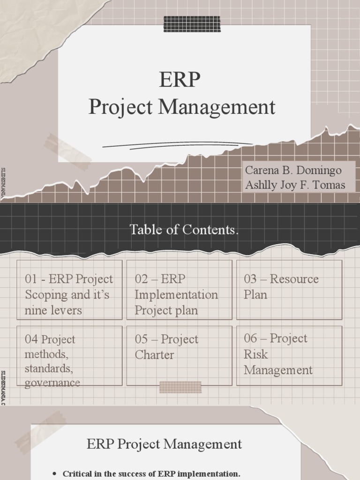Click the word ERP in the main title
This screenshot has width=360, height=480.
coord(180,80)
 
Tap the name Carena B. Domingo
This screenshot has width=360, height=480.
coord(293,170)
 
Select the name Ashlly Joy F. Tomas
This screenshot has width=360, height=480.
coord(295,185)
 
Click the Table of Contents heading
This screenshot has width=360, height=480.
coord(184,230)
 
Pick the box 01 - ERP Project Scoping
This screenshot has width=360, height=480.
coord(69,290)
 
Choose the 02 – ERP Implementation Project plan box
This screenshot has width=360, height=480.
coord(179,290)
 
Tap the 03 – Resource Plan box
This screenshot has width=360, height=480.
coord(289,290)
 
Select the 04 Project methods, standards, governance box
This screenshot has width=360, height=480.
coord(69,356)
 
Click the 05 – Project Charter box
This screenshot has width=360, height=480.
coord(179,356)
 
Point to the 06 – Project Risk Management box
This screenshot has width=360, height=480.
coord(289,356)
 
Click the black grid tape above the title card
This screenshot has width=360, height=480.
coord(192,24)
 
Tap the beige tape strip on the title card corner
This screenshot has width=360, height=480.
coord(68,151)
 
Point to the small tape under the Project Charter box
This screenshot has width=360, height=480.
coord(180,387)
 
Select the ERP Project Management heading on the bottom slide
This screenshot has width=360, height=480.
coord(164,444)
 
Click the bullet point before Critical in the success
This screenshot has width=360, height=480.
coord(56,474)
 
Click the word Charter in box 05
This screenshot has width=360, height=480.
coord(154,355)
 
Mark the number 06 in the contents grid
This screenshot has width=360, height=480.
coord(250,338)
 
